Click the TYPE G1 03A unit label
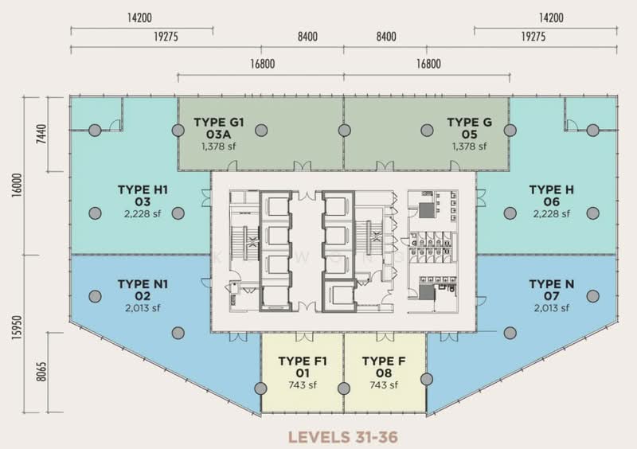(218, 128)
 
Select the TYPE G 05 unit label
(469, 128)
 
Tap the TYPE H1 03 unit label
(143, 196)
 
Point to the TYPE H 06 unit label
(551, 196)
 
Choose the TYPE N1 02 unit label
(143, 290)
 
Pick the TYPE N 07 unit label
(551, 290)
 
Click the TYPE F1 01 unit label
(303, 367)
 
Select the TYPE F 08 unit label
(384, 367)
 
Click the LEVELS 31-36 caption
(343, 437)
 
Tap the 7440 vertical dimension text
(41, 134)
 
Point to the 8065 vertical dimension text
(41, 372)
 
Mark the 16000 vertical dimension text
(17, 185)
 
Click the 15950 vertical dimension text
(17, 327)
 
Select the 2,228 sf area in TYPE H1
(143, 213)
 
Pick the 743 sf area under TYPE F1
(303, 385)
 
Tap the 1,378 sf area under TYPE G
(469, 146)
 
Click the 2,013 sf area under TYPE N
(551, 308)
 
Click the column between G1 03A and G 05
(344, 131)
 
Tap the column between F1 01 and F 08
(344, 388)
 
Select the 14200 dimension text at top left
(139, 18)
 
